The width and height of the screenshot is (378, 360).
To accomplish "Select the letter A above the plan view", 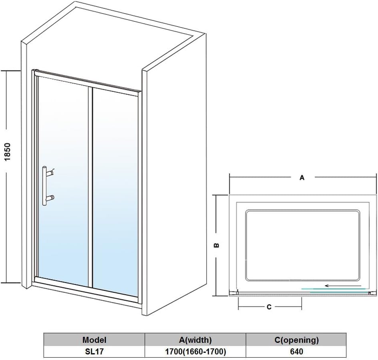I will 302,178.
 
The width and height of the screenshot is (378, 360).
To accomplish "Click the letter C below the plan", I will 269,307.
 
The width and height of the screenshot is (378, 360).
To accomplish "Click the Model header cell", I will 94,340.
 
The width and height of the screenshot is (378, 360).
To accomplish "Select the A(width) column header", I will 195,340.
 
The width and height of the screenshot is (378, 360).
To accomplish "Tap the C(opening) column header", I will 296,340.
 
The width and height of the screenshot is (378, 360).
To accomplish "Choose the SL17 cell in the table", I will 94,352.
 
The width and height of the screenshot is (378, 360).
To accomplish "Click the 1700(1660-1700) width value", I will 195,352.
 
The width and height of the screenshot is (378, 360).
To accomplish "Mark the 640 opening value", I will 296,352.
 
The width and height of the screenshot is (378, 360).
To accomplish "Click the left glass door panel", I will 63,180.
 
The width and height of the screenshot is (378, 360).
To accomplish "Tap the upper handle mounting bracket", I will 51,172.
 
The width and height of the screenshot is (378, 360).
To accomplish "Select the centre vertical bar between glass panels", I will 90,186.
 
